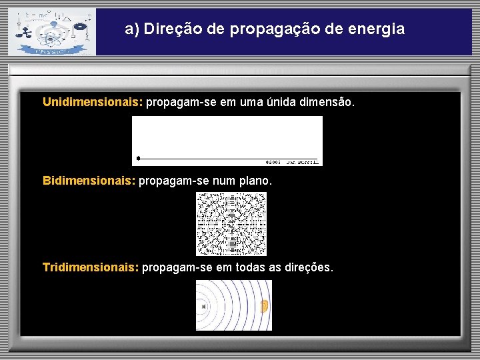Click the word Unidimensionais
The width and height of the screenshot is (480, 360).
pos(92,103)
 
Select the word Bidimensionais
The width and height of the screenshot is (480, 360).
pos(89,181)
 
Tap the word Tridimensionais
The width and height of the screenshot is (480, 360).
pos(91,267)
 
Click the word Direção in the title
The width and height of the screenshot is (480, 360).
pos(170,29)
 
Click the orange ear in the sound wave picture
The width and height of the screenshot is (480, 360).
pos(264,306)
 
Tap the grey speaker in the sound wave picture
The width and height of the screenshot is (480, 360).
pos(203,307)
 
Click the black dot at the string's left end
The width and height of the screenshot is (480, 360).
pos(138,158)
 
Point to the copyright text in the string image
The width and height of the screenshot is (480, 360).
pos(292,161)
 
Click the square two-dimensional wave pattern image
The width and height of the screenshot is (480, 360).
pos(231,224)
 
